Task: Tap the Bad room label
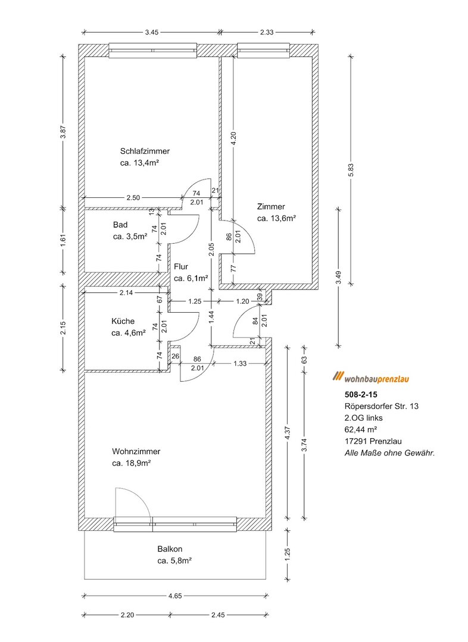click(x=120, y=225)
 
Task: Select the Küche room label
click(x=123, y=321)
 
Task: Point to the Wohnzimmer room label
click(x=136, y=452)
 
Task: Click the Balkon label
click(x=170, y=549)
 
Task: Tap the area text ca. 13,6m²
click(x=277, y=218)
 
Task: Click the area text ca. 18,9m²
click(x=131, y=463)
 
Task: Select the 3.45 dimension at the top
click(x=151, y=33)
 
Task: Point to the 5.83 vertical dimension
click(x=351, y=169)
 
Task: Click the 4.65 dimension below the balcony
click(x=174, y=595)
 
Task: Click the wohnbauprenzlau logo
click(x=373, y=377)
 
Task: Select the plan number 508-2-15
click(x=361, y=394)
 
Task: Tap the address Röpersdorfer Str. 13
click(x=381, y=406)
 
